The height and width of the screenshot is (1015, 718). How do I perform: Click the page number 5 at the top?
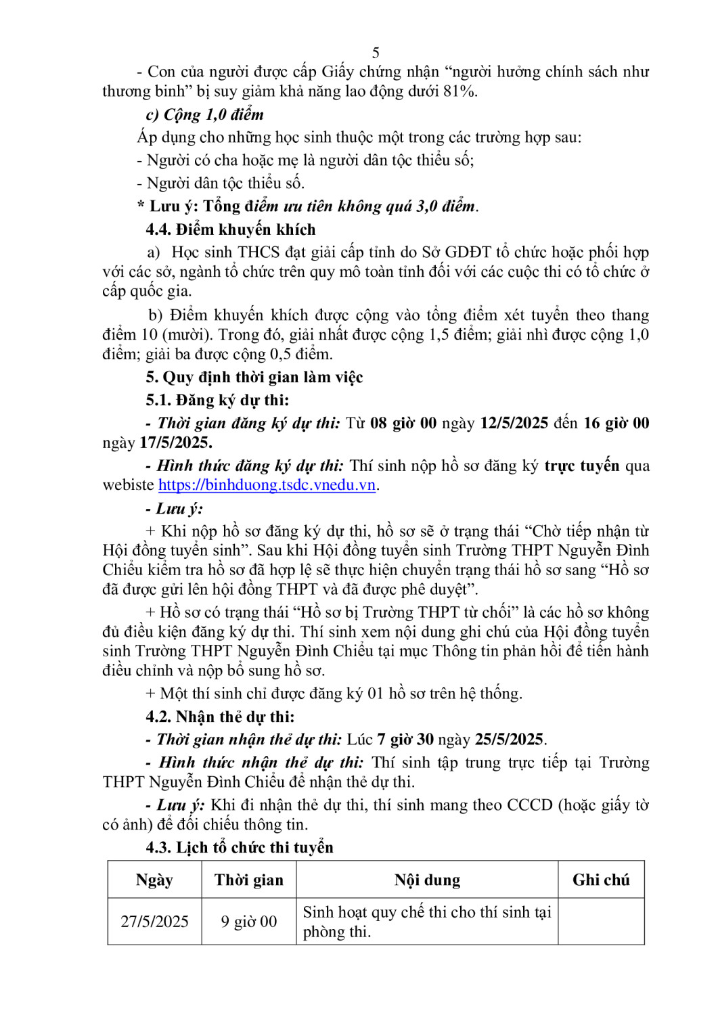(376, 53)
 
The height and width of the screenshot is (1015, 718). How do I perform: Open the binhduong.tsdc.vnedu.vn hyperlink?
(267, 485)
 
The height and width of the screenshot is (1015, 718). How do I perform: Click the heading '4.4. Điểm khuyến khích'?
(231, 229)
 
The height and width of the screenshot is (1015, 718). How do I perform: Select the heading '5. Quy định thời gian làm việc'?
(254, 377)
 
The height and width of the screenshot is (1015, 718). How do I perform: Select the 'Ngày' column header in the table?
(154, 880)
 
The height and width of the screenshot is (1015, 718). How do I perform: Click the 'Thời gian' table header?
(249, 880)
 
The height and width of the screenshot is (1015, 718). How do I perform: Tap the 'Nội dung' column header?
(427, 880)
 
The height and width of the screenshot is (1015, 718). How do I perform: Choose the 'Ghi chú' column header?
(601, 880)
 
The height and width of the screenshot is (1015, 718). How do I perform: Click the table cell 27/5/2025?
(154, 922)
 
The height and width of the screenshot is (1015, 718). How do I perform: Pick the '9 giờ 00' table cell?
(249, 922)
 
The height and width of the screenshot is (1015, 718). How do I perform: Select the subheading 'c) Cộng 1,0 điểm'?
(205, 114)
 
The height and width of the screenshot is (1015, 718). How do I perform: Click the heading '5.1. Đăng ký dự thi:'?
(217, 400)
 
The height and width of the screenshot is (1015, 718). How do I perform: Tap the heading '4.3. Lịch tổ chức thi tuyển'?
(240, 847)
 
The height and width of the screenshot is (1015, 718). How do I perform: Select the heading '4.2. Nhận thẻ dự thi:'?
(220, 717)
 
